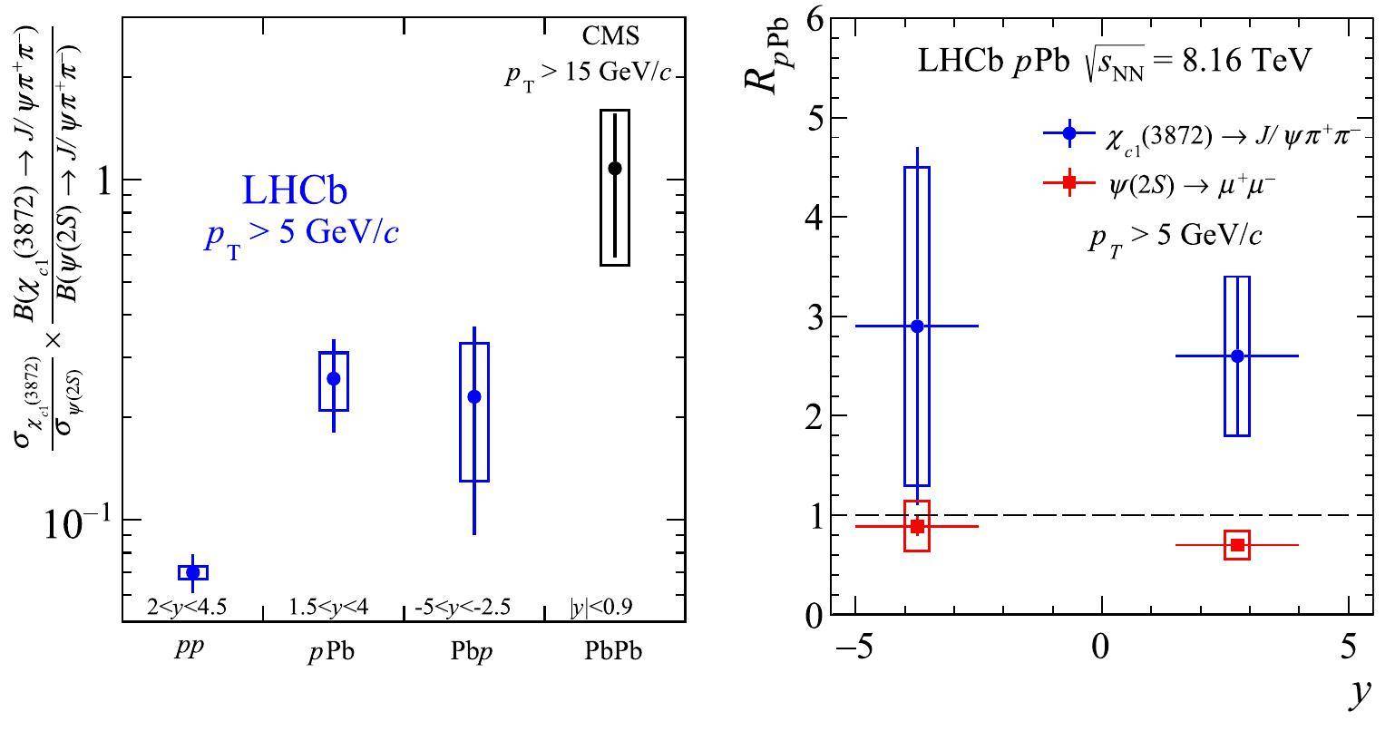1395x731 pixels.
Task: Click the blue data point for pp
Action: click(192, 572)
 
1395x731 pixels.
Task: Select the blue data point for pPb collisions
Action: click(334, 378)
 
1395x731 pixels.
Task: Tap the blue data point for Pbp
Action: click(474, 396)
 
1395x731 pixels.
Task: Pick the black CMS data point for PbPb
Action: click(615, 168)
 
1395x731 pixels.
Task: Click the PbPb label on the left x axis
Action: click(614, 653)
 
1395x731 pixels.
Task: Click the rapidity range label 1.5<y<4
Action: click(328, 607)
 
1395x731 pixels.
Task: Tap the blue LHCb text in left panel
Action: click(295, 190)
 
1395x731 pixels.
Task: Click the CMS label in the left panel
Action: click(610, 36)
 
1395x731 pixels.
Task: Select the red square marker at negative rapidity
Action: click(918, 526)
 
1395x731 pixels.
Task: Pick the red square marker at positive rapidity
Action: click(1237, 545)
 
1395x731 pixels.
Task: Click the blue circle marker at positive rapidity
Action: click(1237, 356)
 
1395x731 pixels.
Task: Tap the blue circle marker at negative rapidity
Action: click(917, 327)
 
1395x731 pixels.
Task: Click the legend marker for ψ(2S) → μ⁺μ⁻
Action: click(1069, 183)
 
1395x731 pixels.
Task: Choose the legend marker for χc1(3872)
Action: click(1069, 133)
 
